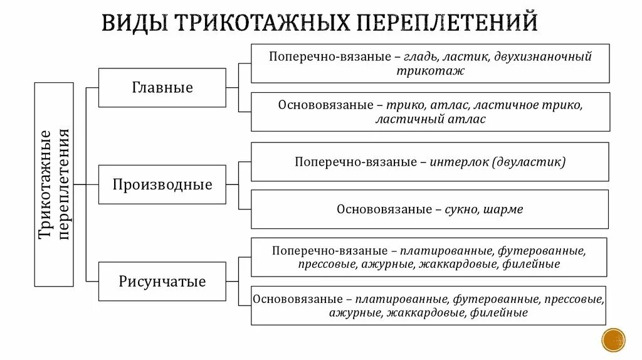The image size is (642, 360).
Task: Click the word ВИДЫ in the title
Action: tap(134, 23)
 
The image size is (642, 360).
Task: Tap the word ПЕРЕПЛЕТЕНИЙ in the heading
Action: tap(446, 23)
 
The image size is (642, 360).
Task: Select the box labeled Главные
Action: tap(162, 88)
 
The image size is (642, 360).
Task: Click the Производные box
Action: tap(162, 185)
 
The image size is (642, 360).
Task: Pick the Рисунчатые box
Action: tap(162, 282)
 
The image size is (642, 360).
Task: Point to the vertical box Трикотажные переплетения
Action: tap(54, 184)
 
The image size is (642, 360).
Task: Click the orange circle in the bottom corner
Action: tap(613, 339)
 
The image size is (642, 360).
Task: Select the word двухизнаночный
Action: tap(544, 56)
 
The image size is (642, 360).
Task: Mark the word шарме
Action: tap(503, 209)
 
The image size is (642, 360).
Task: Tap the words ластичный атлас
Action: tap(430, 119)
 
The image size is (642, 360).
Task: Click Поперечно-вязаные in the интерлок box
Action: tap(356, 162)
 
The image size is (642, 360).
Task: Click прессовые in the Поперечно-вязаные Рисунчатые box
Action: tap(328, 264)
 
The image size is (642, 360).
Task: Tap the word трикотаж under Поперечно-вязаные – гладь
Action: tap(430, 70)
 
